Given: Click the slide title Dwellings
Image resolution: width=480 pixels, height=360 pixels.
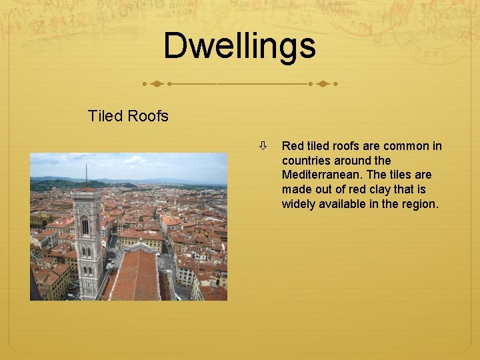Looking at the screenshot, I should (x=239, y=46).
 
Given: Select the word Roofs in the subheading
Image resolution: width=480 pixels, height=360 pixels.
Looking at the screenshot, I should (x=149, y=116).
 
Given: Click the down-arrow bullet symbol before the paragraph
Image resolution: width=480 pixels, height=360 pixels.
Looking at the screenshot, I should (x=264, y=145).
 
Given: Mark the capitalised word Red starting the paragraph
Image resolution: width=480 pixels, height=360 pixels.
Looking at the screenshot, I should (x=293, y=145).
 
